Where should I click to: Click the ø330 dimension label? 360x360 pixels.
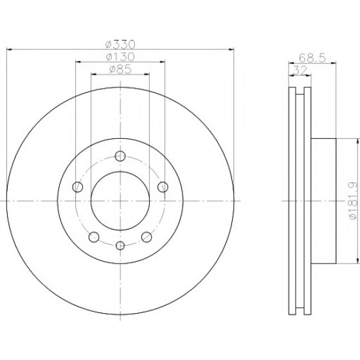tap(120, 44)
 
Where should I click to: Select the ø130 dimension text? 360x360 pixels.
tap(120, 57)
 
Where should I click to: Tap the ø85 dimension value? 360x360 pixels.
tap(120, 69)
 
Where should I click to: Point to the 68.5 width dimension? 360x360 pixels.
tap(312, 58)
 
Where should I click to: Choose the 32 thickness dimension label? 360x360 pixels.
tap(300, 71)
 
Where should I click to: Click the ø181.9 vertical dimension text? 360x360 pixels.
tap(354, 201)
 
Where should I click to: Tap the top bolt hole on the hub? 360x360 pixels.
tap(120, 156)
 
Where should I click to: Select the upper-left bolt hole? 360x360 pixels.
tap(78, 187)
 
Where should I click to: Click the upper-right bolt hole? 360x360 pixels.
tap(163, 187)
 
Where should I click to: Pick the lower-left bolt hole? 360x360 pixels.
tap(94, 237)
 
